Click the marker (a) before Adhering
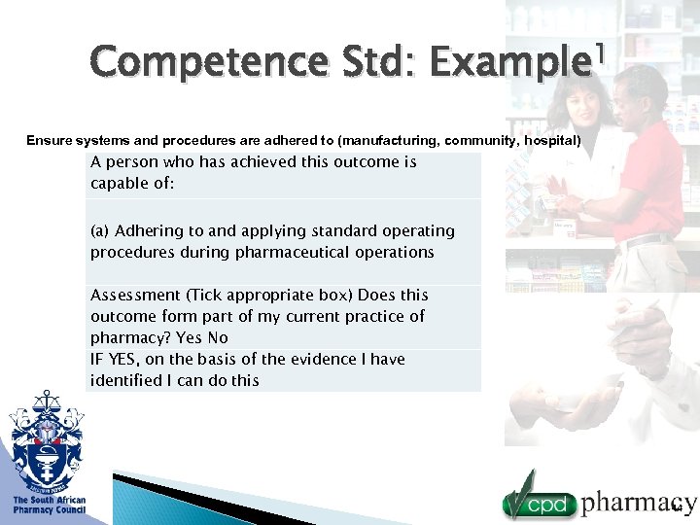click(x=100, y=231)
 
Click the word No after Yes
click(x=218, y=338)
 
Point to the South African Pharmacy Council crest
click(x=46, y=441)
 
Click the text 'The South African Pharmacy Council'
click(x=49, y=505)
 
